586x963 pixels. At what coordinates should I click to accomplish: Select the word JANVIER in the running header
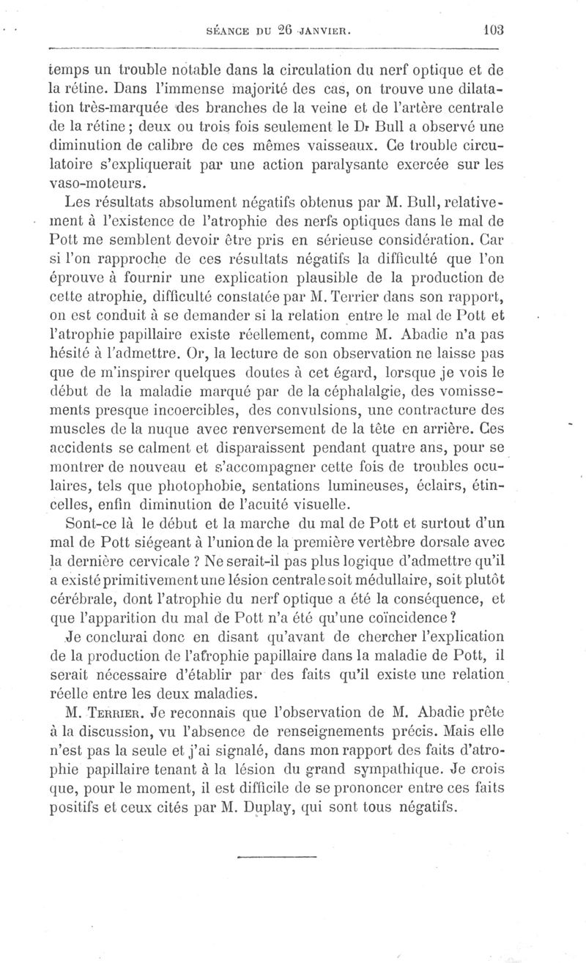tap(327, 31)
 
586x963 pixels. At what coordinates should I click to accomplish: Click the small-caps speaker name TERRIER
tap(120, 710)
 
